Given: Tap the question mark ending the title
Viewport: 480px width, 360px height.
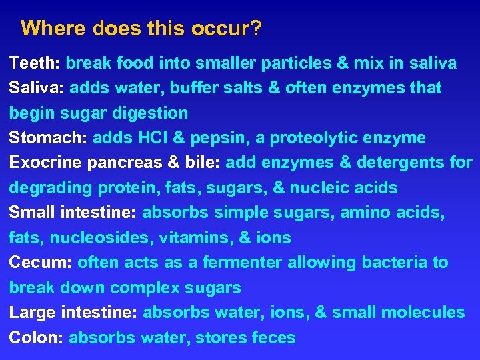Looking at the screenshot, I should (257, 29).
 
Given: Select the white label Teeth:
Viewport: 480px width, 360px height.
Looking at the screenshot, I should (35, 63).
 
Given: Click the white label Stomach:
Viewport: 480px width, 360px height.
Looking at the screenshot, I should (49, 138).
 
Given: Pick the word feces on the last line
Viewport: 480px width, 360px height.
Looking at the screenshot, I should (273, 338).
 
